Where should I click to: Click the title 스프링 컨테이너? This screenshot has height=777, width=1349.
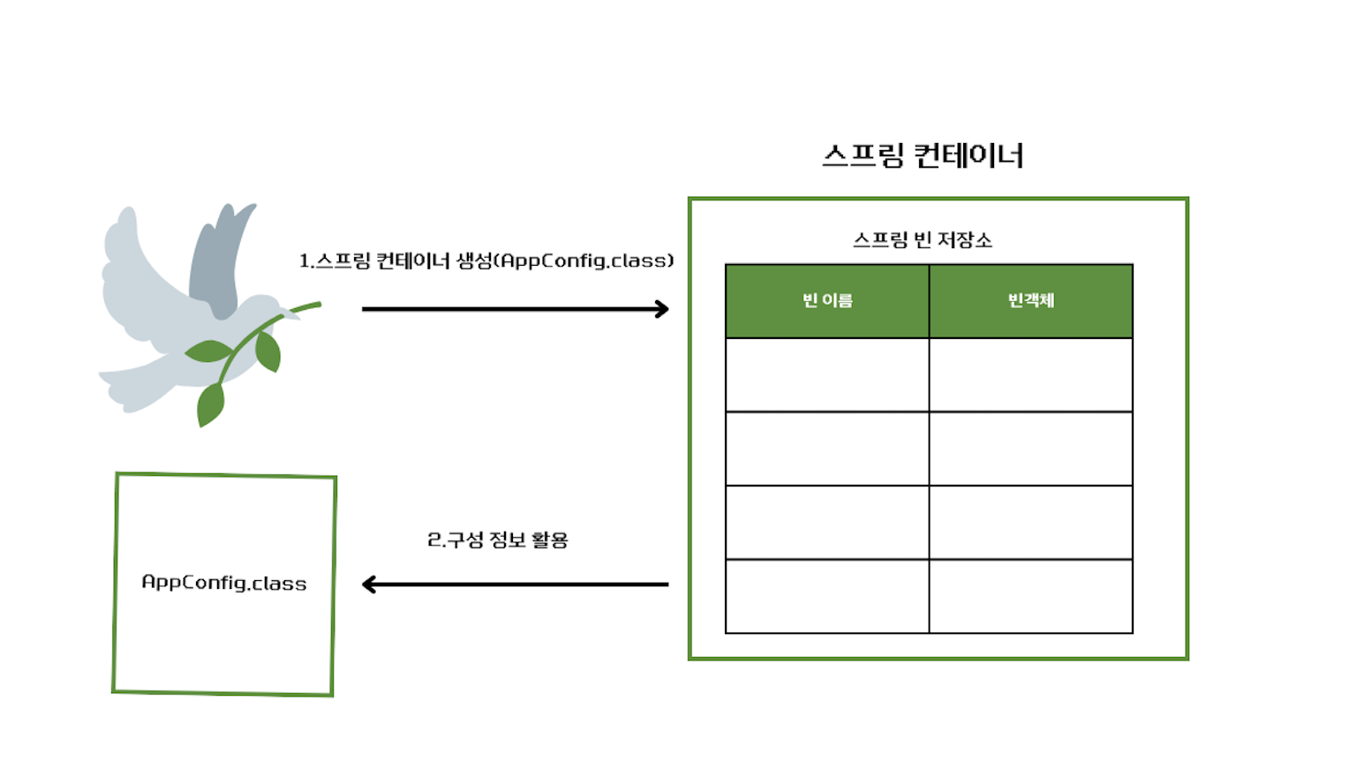[923, 155]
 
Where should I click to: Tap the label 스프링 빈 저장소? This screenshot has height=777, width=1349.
[923, 240]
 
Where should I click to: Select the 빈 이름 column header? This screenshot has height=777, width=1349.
[827, 301]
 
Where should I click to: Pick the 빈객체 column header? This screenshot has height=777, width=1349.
[1031, 301]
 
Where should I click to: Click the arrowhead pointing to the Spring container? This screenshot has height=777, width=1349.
[662, 309]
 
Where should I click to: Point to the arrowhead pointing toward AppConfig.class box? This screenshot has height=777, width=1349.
[369, 585]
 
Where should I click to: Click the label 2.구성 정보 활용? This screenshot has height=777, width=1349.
[498, 539]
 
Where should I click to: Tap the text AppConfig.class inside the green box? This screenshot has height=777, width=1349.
[224, 583]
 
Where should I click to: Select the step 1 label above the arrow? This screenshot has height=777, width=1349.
[486, 260]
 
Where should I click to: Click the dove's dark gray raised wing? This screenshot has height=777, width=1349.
[216, 260]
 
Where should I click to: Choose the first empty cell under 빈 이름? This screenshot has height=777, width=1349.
[827, 375]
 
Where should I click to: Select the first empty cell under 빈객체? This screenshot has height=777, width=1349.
[1031, 375]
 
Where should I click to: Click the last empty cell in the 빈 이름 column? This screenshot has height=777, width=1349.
[827, 596]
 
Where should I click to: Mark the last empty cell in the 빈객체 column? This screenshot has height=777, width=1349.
[1031, 596]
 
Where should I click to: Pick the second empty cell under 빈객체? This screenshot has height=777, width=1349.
[1031, 449]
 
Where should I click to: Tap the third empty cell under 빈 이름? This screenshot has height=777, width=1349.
[827, 523]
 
